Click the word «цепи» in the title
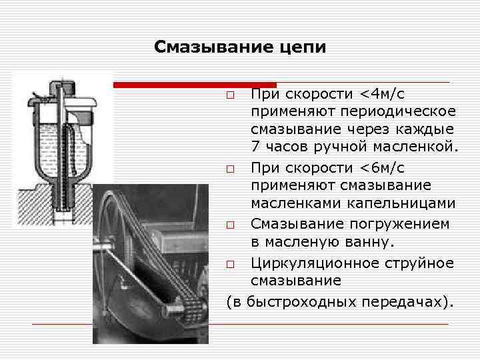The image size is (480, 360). pyautogui.click(x=304, y=47)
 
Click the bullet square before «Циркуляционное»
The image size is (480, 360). pyautogui.click(x=230, y=265)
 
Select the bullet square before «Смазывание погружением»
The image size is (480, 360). pyautogui.click(x=230, y=226)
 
